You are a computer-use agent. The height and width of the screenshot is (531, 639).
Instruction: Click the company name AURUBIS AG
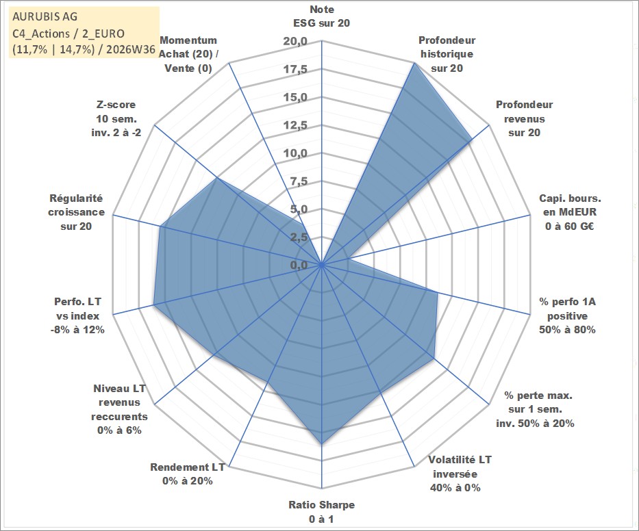coord(45,16)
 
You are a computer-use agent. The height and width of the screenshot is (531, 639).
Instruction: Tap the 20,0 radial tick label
coord(295,41)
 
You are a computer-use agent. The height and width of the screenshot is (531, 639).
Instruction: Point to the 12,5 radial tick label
coord(295,125)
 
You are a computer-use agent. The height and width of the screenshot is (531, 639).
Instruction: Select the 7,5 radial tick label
coord(299,181)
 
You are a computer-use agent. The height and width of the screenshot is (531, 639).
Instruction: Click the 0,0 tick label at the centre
coord(299,265)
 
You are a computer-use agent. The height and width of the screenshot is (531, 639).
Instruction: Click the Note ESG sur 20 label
coord(321,16)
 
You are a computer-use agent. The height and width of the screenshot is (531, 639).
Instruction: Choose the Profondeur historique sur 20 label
coord(447,54)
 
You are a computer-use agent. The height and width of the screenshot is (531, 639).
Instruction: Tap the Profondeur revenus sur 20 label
coord(525,118)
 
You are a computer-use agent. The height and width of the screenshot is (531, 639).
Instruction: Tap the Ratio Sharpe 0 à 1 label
coord(321,512)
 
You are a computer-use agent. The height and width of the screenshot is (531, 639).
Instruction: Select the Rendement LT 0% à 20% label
coord(188,474)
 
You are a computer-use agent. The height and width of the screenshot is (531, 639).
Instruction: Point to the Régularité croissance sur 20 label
coord(76,212)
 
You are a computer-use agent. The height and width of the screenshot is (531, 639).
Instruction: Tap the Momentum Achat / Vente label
coord(188,54)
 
